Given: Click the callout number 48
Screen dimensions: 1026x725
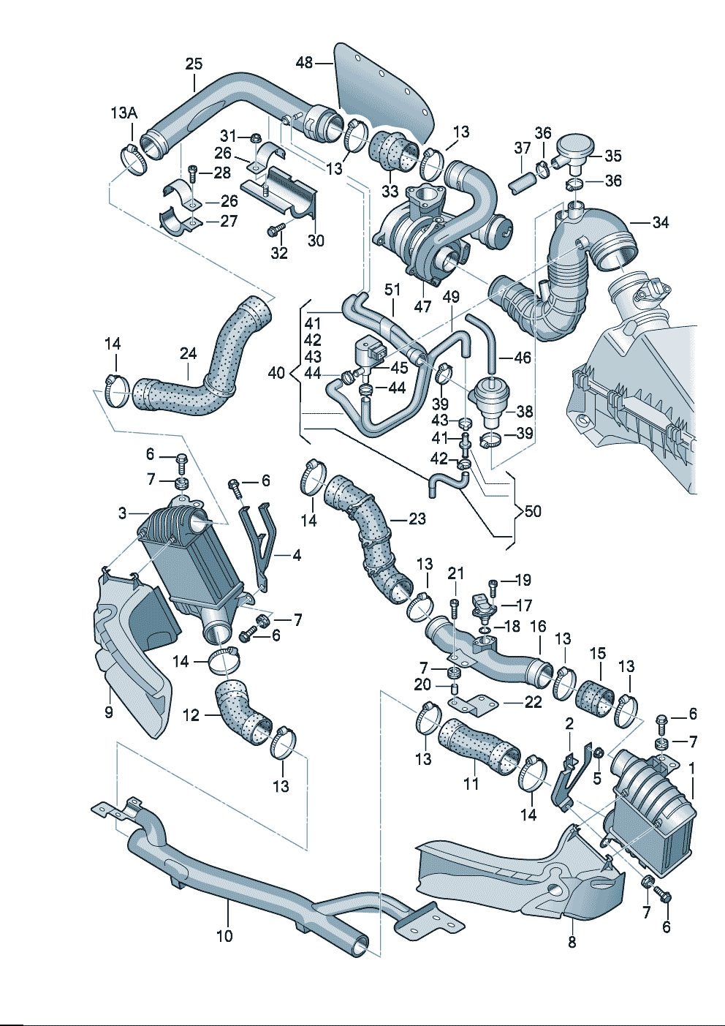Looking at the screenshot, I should click(304, 63).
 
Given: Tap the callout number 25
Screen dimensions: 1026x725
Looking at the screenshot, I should click(194, 64).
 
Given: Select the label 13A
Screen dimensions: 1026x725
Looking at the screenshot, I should click(124, 113).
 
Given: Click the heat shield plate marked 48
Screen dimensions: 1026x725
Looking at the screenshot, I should click(384, 95).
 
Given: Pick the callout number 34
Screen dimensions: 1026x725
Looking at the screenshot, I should click(660, 222).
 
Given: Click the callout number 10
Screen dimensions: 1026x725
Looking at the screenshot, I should click(224, 935).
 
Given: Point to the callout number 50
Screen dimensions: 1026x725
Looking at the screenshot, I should click(533, 511).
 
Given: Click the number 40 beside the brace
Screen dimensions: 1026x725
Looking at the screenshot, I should click(276, 373).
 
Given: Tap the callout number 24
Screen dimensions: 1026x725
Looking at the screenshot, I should click(189, 354).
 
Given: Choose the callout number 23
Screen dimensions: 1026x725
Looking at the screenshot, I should click(417, 518).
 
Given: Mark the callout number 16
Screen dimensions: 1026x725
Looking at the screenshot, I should click(538, 627).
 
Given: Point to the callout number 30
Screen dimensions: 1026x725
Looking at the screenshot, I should click(316, 241).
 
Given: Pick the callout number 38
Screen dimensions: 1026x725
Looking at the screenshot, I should click(524, 411).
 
